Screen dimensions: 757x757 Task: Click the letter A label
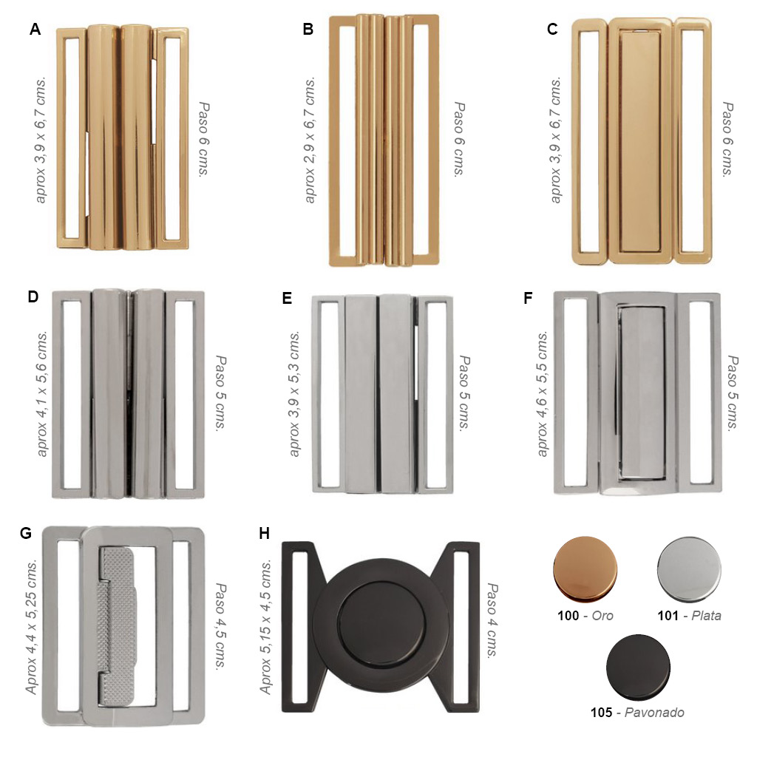pyautogui.click(x=35, y=30)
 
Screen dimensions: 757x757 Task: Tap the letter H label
pyautogui.click(x=264, y=534)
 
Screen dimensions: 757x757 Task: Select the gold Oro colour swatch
pyautogui.click(x=585, y=569)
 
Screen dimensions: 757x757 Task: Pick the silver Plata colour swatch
pyautogui.click(x=689, y=569)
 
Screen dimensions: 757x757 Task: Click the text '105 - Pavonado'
pyautogui.click(x=637, y=713)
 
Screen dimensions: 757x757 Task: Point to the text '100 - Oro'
pyautogui.click(x=585, y=616)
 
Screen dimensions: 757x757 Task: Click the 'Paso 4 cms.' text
pyautogui.click(x=492, y=620)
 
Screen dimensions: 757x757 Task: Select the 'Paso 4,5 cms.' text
pyautogui.click(x=220, y=626)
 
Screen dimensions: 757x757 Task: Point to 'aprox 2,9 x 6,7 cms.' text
pyautogui.click(x=310, y=140)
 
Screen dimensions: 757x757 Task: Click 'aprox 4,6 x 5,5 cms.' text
pyautogui.click(x=543, y=393)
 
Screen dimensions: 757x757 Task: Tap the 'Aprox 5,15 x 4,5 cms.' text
pyautogui.click(x=265, y=628)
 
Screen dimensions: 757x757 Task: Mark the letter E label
pyautogui.click(x=287, y=299)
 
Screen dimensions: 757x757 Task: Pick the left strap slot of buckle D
pyautogui.click(x=72, y=394)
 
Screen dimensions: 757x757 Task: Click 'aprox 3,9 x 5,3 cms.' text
pyautogui.click(x=294, y=393)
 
